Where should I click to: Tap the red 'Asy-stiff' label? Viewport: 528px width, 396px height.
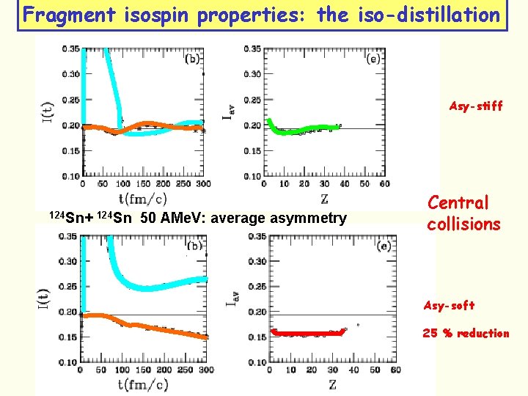[x=476, y=106]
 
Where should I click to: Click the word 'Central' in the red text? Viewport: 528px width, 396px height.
[x=458, y=202]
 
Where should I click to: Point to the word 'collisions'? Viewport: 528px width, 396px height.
[x=463, y=224]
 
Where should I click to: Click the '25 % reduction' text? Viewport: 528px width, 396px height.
[x=466, y=334]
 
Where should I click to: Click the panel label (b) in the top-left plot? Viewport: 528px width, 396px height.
[x=193, y=58]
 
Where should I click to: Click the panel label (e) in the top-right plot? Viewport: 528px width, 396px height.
[x=372, y=58]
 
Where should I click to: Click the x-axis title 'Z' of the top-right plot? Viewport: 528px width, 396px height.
[x=323, y=199]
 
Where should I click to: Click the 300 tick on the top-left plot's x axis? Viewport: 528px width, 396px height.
[x=203, y=184]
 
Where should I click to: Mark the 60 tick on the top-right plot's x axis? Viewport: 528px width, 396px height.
[x=384, y=184]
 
